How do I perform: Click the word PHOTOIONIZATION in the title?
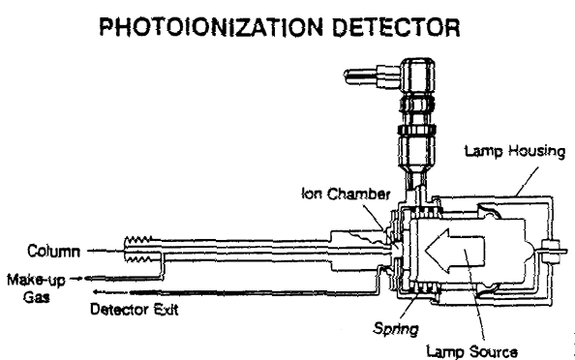tap(212, 27)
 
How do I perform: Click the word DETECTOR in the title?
tap(396, 27)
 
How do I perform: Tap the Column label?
tap(53, 252)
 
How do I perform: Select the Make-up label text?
tap(36, 280)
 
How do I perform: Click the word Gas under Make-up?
tap(37, 296)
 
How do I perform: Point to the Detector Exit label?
tap(135, 310)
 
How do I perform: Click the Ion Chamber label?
tap(346, 194)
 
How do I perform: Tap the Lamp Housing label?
tap(514, 151)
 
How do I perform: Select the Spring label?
tap(396, 328)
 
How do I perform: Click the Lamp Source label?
tap(472, 352)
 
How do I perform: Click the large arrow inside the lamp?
tap(455, 251)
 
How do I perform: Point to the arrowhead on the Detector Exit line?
tap(97, 292)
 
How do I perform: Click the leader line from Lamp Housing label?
tap(527, 182)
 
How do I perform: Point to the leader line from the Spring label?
tap(410, 303)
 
